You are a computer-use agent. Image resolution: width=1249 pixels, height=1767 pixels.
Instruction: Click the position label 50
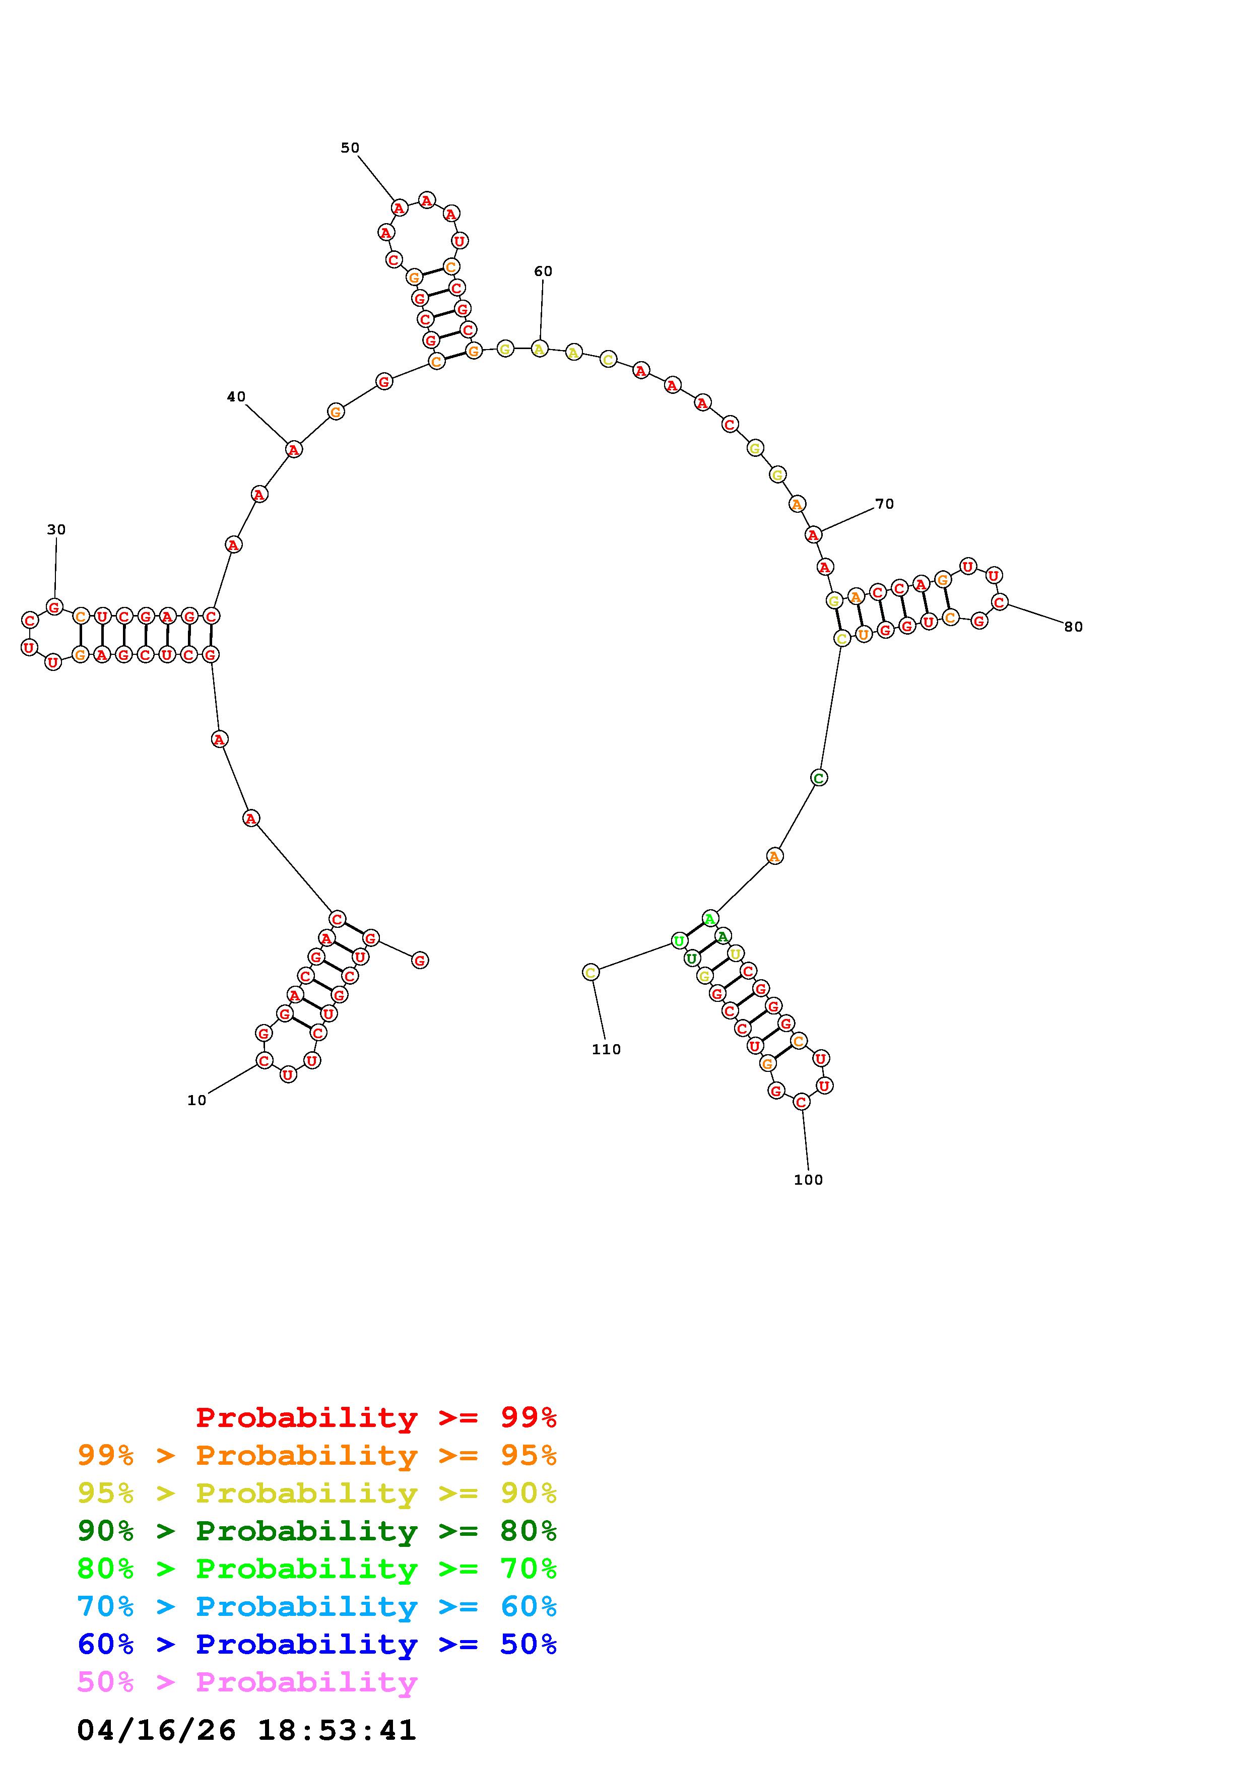coord(350,148)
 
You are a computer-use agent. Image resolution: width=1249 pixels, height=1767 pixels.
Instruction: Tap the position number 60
coord(543,271)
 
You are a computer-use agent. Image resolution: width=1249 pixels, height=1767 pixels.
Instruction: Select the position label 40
coord(236,396)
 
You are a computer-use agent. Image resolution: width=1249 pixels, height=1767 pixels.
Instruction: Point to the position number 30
coord(56,529)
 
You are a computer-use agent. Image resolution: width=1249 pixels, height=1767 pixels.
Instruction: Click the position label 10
coord(197,1101)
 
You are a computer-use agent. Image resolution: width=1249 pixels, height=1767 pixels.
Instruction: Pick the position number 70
coord(885,504)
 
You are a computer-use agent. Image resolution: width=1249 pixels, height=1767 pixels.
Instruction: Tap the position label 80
coord(1074,627)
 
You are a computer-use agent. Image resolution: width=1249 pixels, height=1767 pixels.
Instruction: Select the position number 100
coord(808,1180)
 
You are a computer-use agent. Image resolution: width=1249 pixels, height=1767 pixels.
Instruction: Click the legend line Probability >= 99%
coord(376,1417)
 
